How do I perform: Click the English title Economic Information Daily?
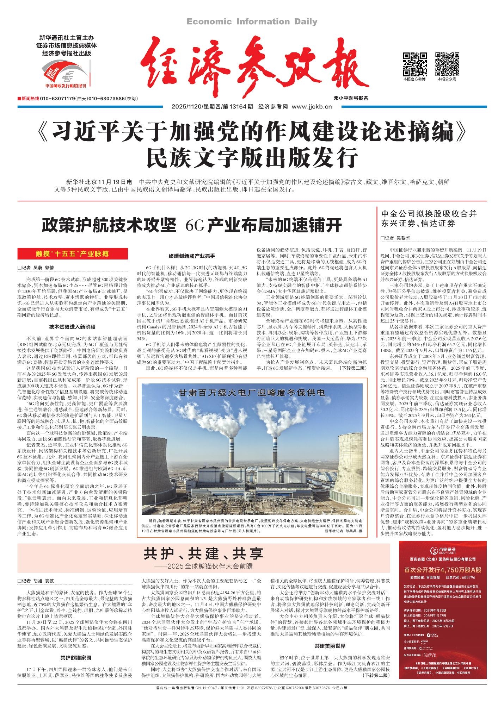click(252, 22)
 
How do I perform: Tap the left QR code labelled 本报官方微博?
click(414, 64)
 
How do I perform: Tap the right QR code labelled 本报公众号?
click(447, 64)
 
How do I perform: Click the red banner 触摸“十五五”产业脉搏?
click(72, 254)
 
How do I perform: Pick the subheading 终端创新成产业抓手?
click(192, 256)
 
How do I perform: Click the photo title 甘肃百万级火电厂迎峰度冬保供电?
click(252, 392)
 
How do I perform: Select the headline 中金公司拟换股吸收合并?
click(429, 213)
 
